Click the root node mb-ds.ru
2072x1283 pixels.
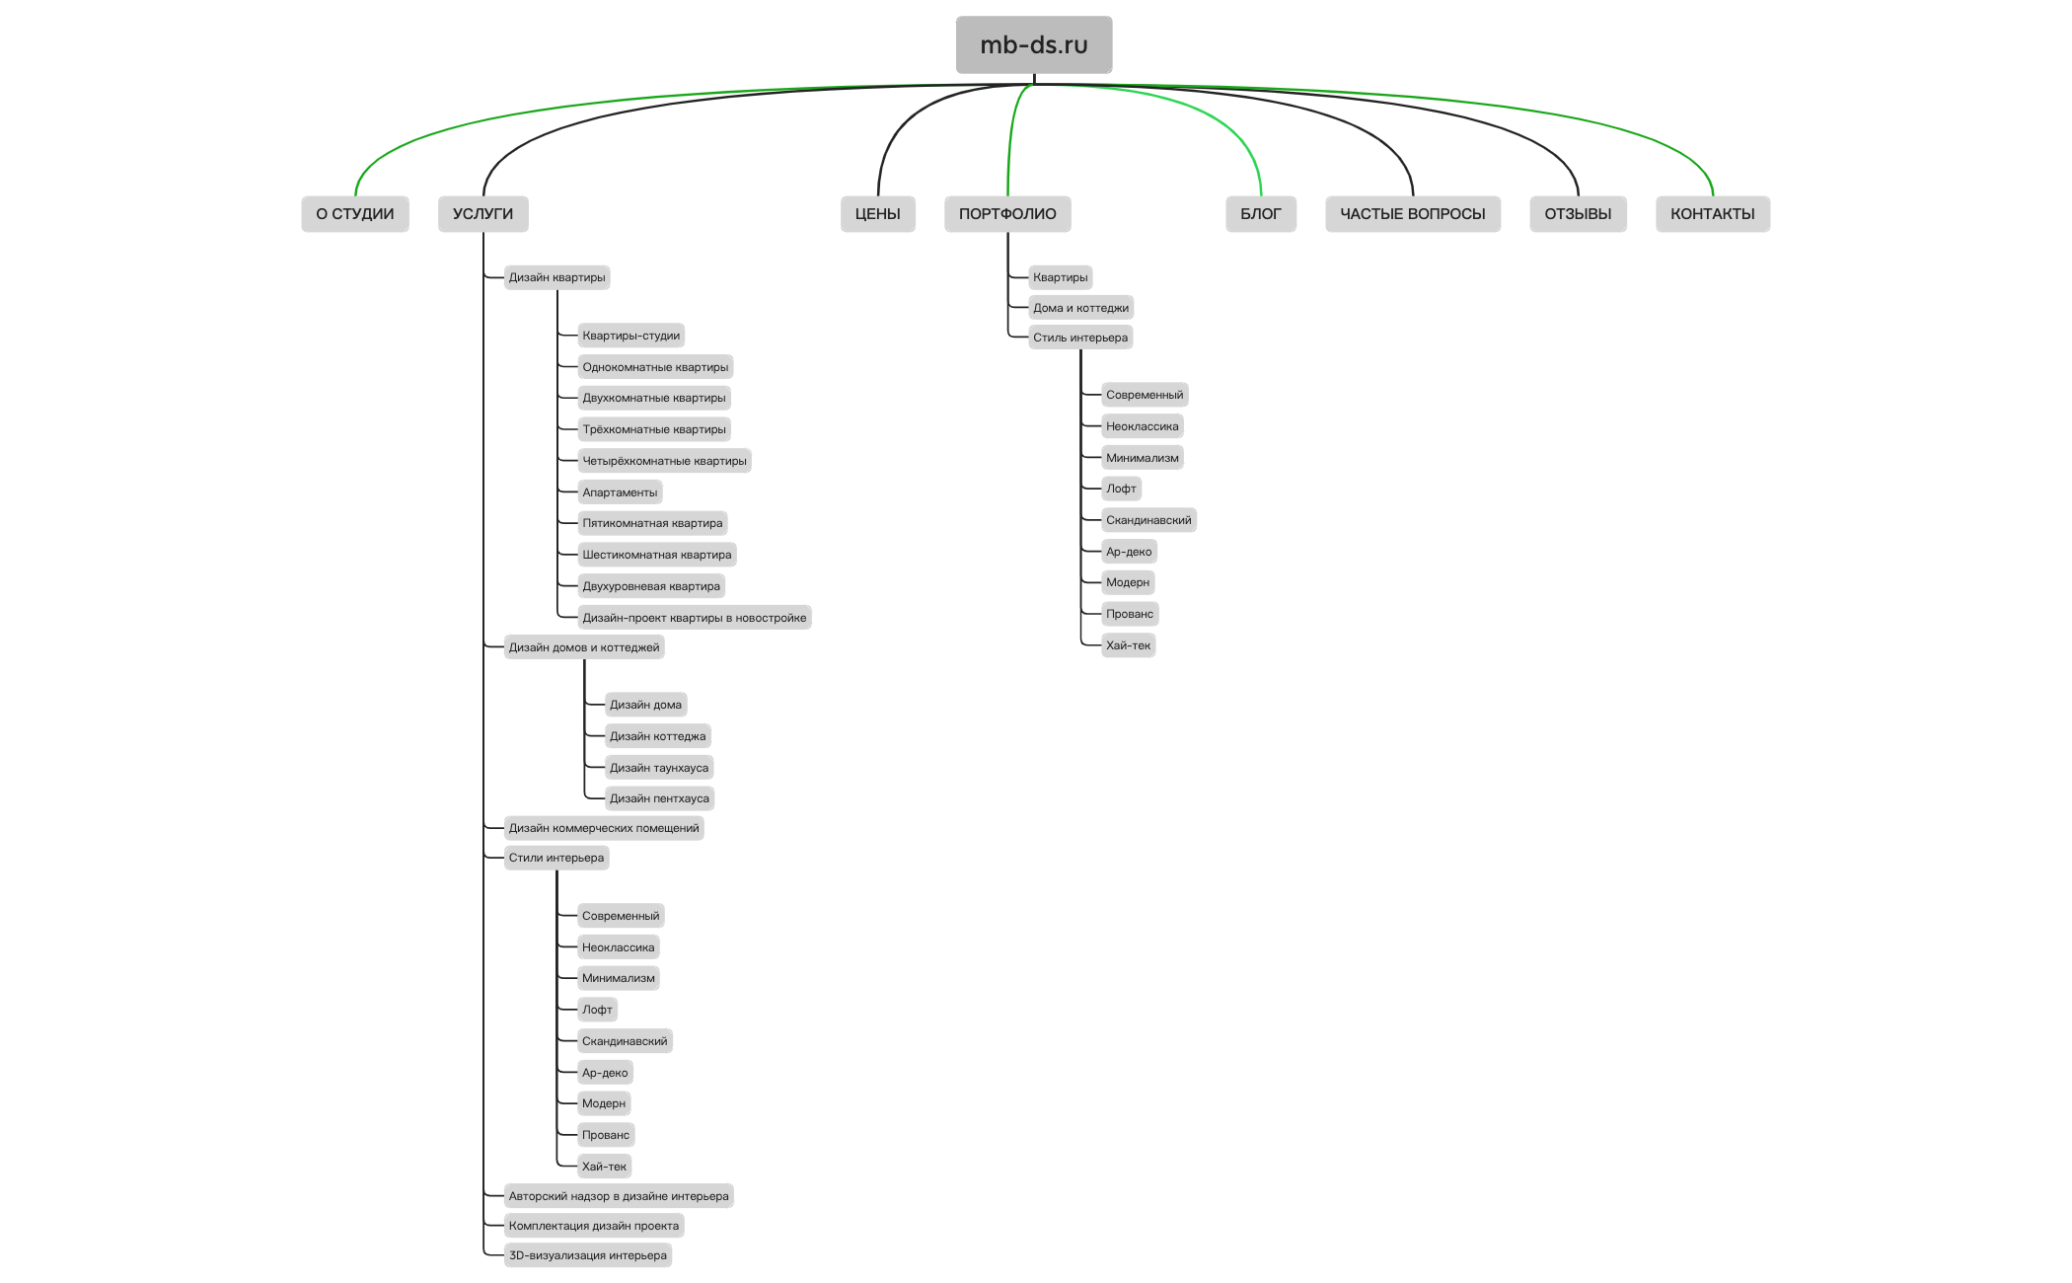pyautogui.click(x=1034, y=44)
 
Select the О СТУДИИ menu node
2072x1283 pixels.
pyautogui.click(x=355, y=214)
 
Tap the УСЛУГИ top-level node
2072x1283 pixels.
pyautogui.click(x=482, y=214)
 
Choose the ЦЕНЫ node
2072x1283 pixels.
pyautogui.click(x=878, y=214)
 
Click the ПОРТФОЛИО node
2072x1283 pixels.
pyautogui.click(x=1007, y=214)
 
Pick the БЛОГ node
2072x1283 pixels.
pyautogui.click(x=1261, y=214)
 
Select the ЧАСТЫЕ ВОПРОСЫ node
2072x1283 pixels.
pyautogui.click(x=1413, y=214)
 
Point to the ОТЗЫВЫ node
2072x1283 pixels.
pyautogui.click(x=1578, y=214)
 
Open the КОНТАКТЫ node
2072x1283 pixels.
pyautogui.click(x=1713, y=214)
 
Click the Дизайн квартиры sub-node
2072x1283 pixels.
pyautogui.click(x=556, y=277)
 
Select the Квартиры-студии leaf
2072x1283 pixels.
pyautogui.click(x=630, y=336)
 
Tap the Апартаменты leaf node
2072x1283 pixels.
pyautogui.click(x=620, y=492)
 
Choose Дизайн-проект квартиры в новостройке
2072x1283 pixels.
pyautogui.click(x=695, y=618)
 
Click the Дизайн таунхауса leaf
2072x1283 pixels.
pyautogui.click(x=659, y=768)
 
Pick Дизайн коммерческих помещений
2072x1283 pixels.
pyautogui.click(x=604, y=828)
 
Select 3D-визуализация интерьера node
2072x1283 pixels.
pyautogui.click(x=588, y=1255)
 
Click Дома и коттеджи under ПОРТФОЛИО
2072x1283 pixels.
pyautogui.click(x=1080, y=308)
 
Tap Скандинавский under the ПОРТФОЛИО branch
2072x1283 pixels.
pyautogui.click(x=1148, y=520)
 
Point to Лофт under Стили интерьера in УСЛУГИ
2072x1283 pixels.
pyautogui.click(x=597, y=1010)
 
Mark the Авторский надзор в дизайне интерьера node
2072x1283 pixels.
pyautogui.click(x=619, y=1196)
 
